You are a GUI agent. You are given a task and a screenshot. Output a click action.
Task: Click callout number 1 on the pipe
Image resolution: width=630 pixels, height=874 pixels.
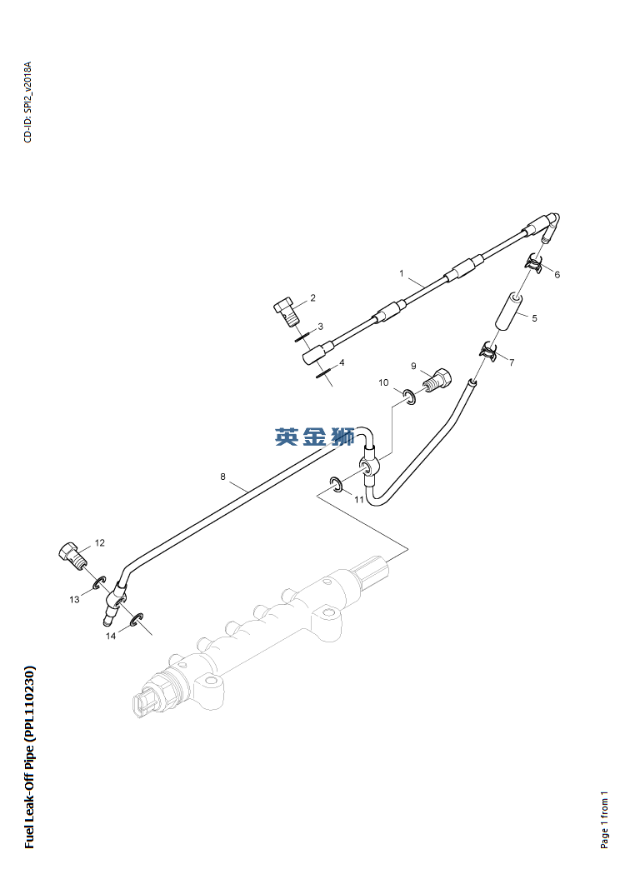[x=401, y=273]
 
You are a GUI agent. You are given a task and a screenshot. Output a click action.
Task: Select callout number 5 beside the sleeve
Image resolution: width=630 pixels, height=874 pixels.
[x=534, y=317]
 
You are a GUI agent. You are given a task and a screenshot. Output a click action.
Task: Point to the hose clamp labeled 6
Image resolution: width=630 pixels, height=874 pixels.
[x=534, y=264]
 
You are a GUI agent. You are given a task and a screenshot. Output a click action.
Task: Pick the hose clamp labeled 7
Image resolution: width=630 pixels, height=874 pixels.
[x=489, y=352]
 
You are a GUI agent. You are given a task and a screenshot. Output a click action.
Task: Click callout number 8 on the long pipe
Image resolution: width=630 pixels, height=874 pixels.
[x=222, y=477]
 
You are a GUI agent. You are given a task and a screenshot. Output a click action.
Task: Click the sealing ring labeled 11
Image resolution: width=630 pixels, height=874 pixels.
[x=337, y=485]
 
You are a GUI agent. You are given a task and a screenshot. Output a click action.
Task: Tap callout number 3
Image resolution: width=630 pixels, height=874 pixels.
[x=320, y=326]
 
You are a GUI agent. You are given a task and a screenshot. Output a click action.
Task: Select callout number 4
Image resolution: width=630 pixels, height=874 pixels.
[x=341, y=362]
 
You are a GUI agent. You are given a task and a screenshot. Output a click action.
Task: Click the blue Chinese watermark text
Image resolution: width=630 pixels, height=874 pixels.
[x=314, y=437]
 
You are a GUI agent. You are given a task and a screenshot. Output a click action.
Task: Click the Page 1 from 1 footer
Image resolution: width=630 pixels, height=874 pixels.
[x=605, y=820]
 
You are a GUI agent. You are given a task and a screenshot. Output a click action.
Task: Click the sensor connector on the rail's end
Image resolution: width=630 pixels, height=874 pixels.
[x=147, y=701]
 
